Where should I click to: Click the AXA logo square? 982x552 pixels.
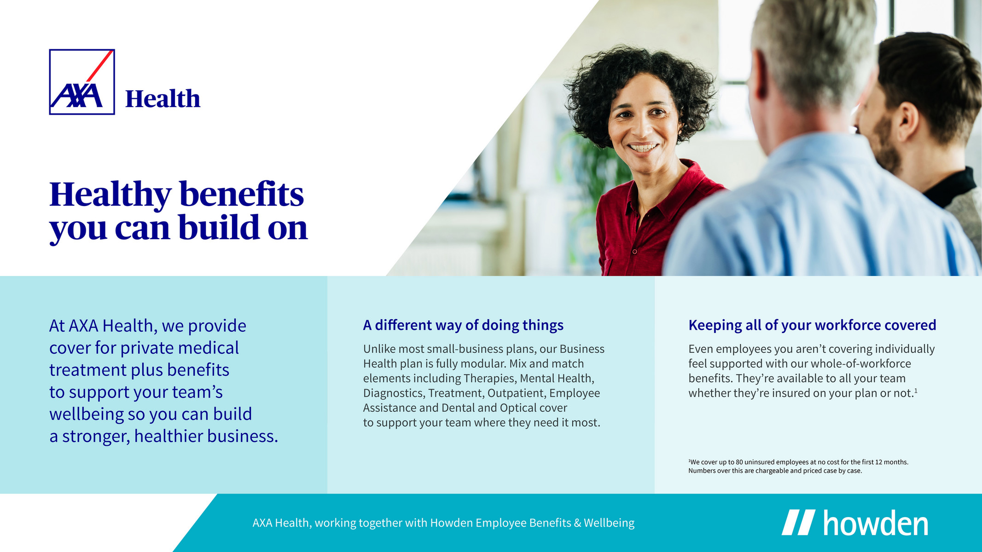82,82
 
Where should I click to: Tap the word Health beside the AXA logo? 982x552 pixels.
163,99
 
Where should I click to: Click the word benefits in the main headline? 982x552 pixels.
242,195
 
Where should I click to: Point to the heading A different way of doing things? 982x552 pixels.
463,325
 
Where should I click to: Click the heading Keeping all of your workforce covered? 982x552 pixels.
812,325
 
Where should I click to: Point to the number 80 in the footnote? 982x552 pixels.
739,462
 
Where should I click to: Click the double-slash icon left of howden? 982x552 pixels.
798,522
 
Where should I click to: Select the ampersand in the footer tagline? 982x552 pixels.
577,523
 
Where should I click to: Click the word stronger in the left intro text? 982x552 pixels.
96,437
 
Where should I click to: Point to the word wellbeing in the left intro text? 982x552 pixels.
87,414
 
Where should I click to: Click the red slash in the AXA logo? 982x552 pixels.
99,66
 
